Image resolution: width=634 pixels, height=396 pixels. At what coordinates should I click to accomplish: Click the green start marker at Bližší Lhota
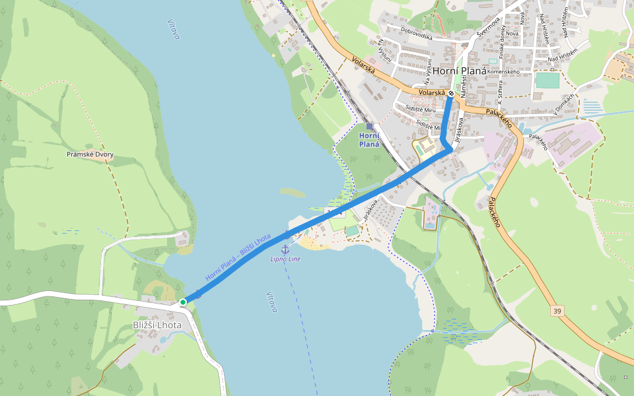pyautogui.click(x=183, y=302)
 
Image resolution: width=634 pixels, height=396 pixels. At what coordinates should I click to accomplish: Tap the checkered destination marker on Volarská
pyautogui.click(x=451, y=94)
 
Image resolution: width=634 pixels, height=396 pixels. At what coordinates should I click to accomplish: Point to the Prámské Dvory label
pyautogui.click(x=90, y=154)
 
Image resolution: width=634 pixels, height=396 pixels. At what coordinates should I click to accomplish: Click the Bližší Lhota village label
pyautogui.click(x=157, y=325)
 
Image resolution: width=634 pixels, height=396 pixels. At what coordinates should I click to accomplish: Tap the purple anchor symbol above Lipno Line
pyautogui.click(x=285, y=249)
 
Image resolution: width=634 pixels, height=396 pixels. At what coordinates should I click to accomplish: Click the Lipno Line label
pyautogui.click(x=285, y=259)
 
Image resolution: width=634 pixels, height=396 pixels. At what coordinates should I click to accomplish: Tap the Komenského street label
pyautogui.click(x=505, y=71)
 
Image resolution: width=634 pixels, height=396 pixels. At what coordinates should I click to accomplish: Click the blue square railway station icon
pyautogui.click(x=369, y=126)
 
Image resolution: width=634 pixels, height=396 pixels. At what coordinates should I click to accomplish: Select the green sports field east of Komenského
pyautogui.click(x=547, y=80)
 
